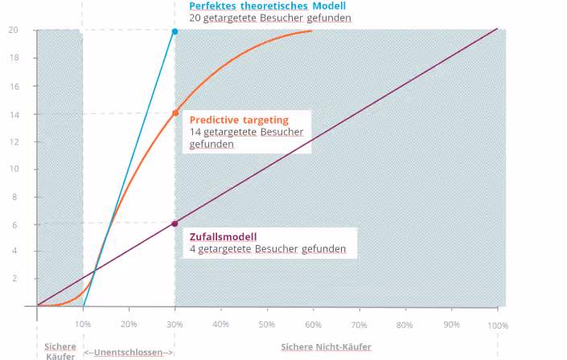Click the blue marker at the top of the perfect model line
(x=175, y=31)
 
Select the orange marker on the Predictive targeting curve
(x=175, y=113)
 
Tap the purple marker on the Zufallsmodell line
(x=175, y=223)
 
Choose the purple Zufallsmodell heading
(x=223, y=236)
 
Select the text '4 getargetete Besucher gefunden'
(x=268, y=249)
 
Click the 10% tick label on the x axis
(x=83, y=324)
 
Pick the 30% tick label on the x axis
(x=175, y=325)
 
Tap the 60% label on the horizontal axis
(x=313, y=325)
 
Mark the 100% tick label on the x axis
(x=498, y=325)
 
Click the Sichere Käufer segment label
(x=60, y=351)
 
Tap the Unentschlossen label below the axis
(x=129, y=352)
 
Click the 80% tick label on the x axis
(x=405, y=325)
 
